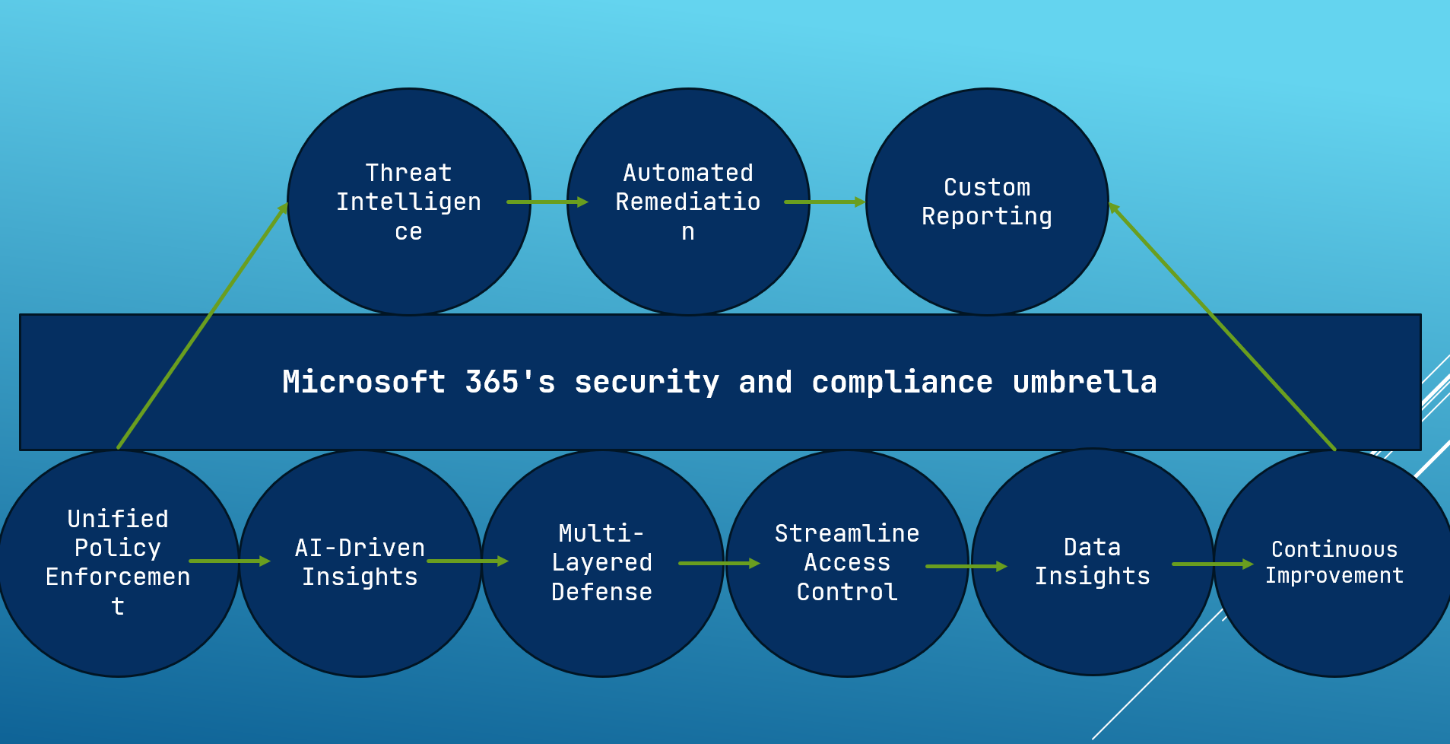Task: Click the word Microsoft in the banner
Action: click(363, 382)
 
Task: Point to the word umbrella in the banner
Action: click(1084, 382)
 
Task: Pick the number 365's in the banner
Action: click(509, 382)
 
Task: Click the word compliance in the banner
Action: click(902, 382)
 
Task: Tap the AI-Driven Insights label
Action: click(360, 562)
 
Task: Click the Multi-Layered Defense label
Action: click(601, 562)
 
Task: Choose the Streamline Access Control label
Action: click(847, 562)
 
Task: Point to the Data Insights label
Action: click(1092, 561)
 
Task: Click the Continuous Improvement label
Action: click(1334, 562)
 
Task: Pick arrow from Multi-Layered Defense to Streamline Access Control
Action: click(719, 563)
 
